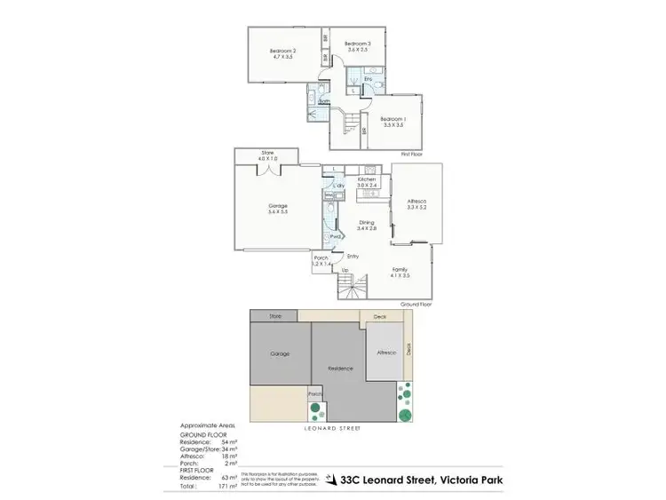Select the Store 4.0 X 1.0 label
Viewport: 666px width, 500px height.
[x=267, y=155]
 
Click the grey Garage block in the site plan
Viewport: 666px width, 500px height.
[x=281, y=353]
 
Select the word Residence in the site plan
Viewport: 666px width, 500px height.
[x=340, y=369]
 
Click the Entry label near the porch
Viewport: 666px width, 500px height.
[x=353, y=257]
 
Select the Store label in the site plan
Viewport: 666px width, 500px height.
[x=275, y=315]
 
